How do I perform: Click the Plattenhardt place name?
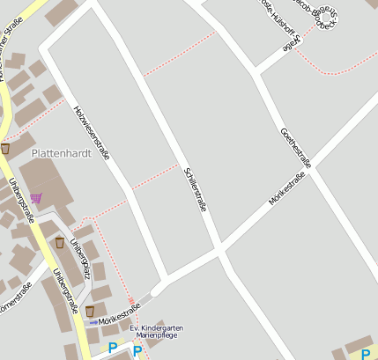click(56, 152)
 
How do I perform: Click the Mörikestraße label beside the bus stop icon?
click(115, 320)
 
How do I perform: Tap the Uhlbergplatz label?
click(80, 255)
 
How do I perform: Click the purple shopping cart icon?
click(35, 197)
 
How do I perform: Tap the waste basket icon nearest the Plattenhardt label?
click(5, 149)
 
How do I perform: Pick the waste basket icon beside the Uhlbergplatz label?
click(59, 242)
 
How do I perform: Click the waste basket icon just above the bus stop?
click(89, 310)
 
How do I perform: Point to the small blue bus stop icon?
click(93, 322)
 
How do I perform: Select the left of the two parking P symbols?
click(112, 349)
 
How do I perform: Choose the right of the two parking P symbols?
click(137, 349)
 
